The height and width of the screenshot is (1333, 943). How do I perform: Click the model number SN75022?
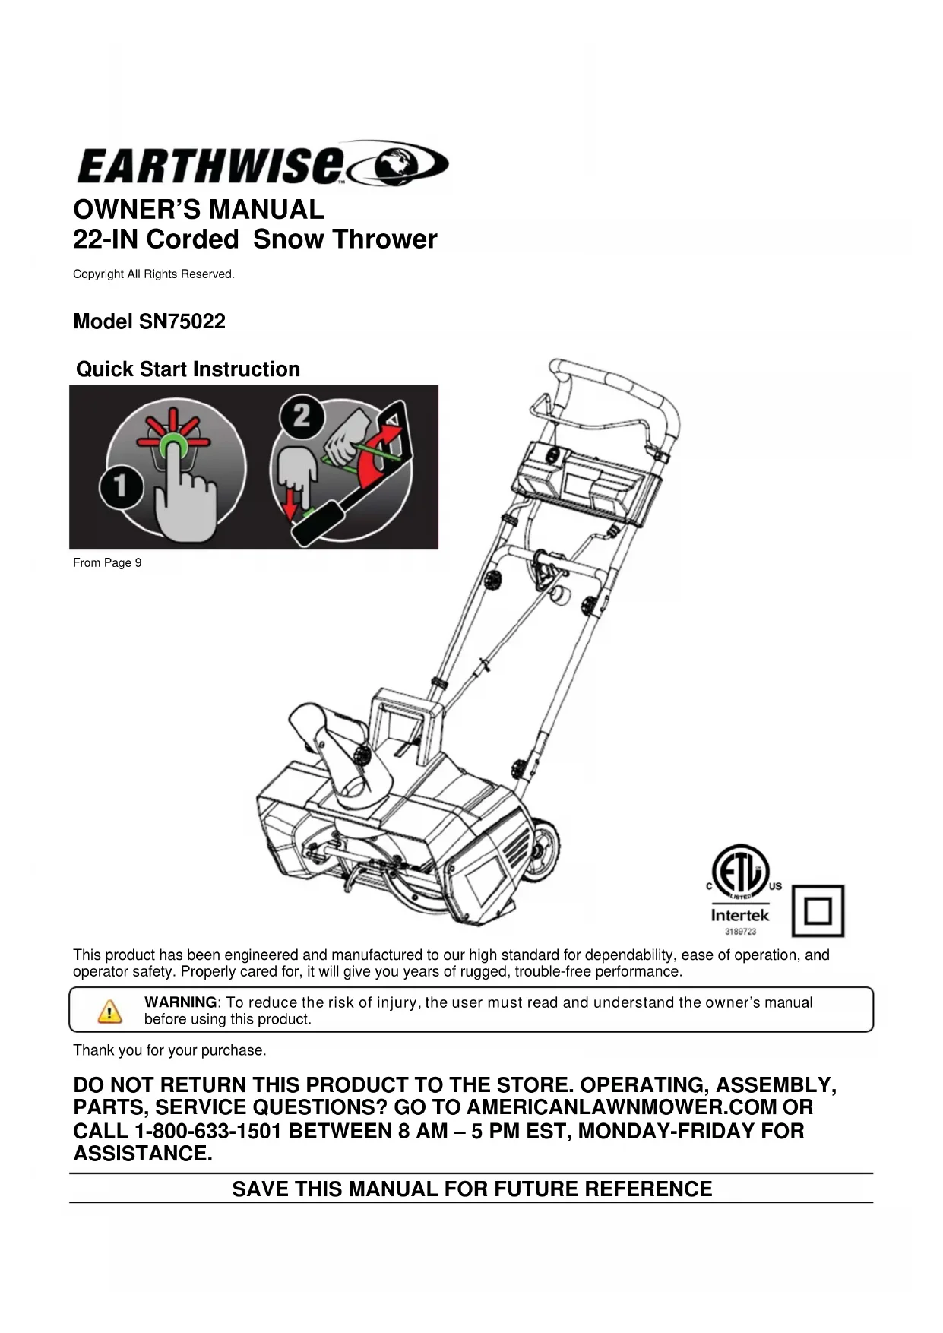point(182,321)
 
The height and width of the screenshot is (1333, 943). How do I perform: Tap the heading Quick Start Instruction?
point(188,369)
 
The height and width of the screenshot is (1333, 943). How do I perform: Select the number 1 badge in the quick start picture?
point(119,485)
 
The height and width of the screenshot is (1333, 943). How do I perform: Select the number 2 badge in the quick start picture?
point(302,416)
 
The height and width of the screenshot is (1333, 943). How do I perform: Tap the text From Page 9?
point(107,563)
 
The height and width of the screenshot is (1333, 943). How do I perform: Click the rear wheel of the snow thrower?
point(543,852)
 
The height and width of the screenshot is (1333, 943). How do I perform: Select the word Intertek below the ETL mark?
point(739,916)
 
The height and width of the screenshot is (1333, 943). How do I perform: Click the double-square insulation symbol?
point(818,910)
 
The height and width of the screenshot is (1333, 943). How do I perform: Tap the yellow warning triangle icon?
point(109,1012)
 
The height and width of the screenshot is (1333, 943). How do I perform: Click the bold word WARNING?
point(180,1002)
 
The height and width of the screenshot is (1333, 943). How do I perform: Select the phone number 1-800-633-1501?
point(209,1131)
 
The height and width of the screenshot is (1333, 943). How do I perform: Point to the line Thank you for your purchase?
point(169,1050)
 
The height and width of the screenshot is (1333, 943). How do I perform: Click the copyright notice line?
point(153,274)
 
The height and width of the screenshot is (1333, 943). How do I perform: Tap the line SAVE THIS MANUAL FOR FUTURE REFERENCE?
point(472,1189)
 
